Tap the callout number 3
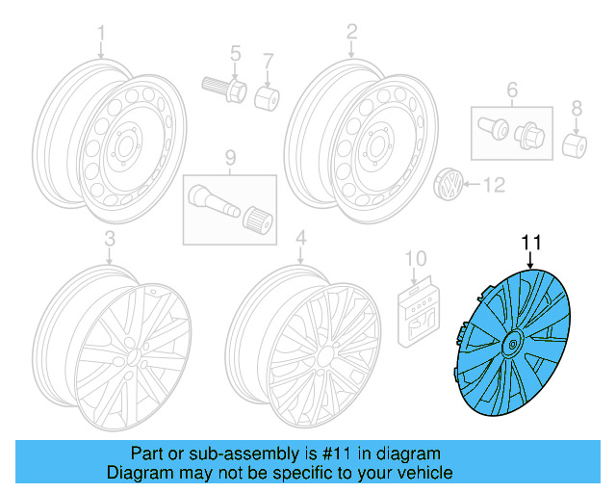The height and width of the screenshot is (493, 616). (109, 237)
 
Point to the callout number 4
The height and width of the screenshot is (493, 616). (301, 237)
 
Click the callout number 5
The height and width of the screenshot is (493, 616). (234, 53)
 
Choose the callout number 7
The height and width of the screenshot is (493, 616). (269, 61)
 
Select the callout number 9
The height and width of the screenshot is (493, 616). (230, 157)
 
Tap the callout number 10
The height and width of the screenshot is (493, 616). (414, 257)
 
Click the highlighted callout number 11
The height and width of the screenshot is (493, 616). (530, 242)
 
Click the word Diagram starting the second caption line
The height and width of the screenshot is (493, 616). (140, 473)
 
